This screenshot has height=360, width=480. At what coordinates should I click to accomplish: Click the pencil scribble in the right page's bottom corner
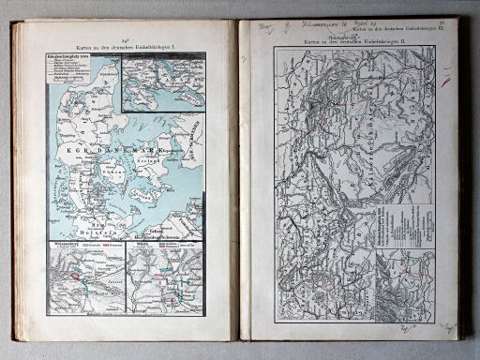(x=448, y=327)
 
